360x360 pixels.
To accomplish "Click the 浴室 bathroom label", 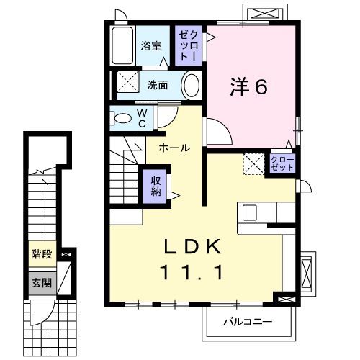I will point(151,44).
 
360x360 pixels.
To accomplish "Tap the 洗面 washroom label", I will point(158,84).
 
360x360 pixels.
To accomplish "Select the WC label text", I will point(142,117).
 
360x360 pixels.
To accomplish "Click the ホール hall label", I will point(175,148).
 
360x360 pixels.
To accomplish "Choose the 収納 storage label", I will point(156,187).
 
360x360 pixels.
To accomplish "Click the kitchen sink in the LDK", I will point(250,212).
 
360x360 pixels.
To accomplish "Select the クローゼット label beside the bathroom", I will point(186,45).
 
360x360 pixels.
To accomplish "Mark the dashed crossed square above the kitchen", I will point(253,163).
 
